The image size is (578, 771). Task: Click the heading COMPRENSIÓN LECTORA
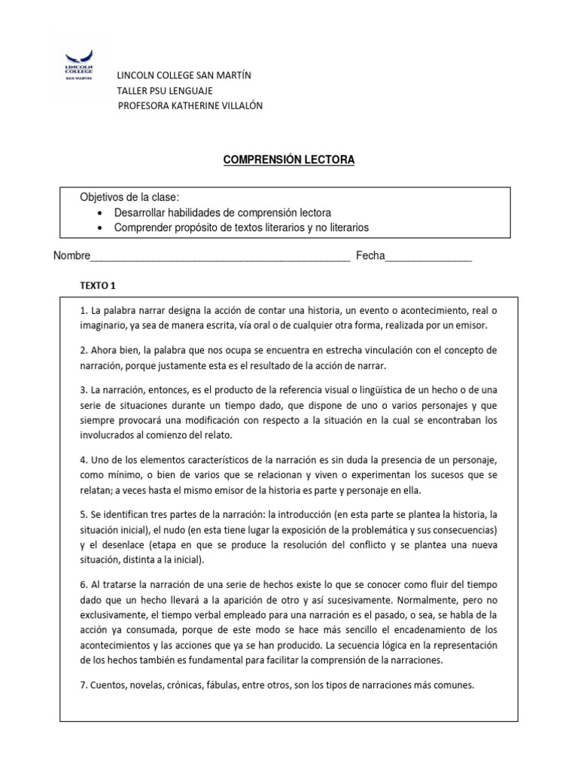288,160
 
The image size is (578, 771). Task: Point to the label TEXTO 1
99,285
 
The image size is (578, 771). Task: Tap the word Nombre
71,256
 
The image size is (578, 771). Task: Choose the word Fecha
370,256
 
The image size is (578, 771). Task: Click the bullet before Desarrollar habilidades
100,213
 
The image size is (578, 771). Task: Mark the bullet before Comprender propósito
100,228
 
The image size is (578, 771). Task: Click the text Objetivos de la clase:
130,197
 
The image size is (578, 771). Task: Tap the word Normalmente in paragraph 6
429,599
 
